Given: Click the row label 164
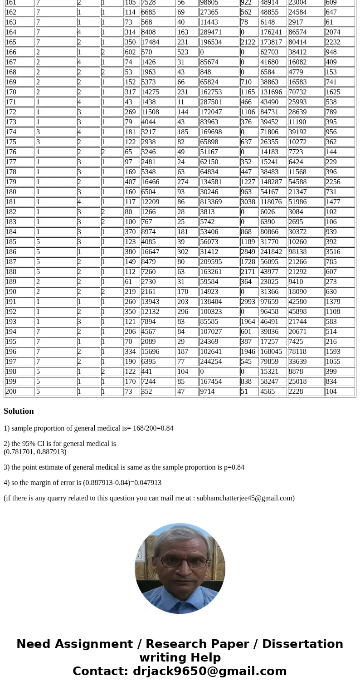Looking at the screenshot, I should coord(11,32).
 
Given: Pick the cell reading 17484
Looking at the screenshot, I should coord(150,42).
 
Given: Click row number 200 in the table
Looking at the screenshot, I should coord(11,392).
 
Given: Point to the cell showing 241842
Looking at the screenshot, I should coord(271,252).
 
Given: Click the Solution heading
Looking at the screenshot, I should coord(19,411).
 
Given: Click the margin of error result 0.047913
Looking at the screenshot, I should coord(147,483).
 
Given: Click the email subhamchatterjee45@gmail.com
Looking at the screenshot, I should coord(244,498).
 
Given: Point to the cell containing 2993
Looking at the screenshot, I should coord(248,302).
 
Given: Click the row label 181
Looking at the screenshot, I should coord(11,202).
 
